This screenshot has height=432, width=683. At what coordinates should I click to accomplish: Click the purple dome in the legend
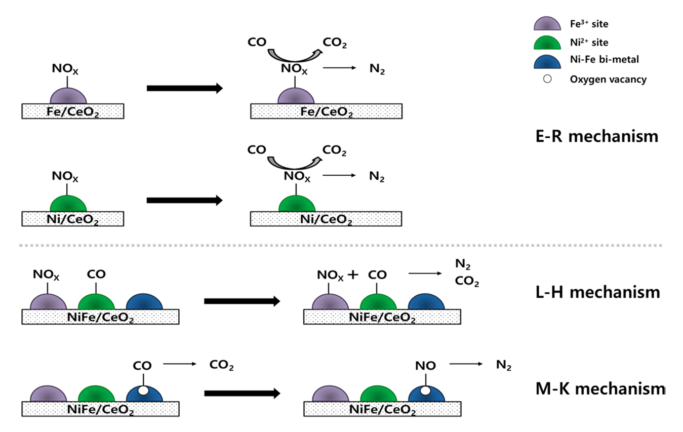[x=547, y=24]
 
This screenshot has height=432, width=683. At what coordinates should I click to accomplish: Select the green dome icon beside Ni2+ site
[x=547, y=43]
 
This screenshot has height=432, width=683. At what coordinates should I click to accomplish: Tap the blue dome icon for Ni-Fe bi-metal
[x=547, y=61]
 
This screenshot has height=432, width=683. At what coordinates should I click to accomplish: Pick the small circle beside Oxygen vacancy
[x=547, y=79]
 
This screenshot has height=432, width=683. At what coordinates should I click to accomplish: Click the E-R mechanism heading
[x=596, y=136]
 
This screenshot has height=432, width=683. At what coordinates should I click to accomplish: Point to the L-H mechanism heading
[x=597, y=292]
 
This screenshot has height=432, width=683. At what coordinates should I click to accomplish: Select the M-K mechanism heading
[x=600, y=389]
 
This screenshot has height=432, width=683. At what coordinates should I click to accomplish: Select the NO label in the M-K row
[x=425, y=365]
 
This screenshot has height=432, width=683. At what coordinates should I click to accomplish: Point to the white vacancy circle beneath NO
[x=425, y=390]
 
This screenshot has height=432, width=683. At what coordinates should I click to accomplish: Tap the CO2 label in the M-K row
[x=221, y=365]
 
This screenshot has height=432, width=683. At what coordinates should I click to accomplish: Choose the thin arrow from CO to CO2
[x=180, y=364]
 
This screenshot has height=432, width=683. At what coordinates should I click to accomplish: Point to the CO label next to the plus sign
[x=378, y=275]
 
